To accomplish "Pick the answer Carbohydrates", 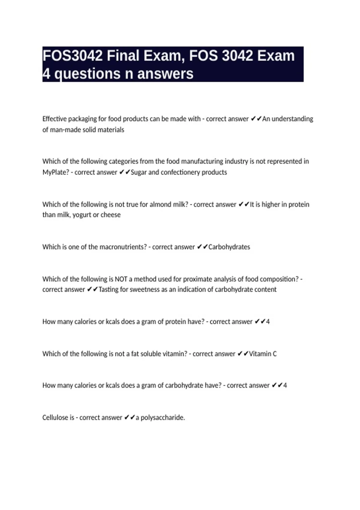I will (x=229, y=247).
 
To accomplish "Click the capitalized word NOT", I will (x=121, y=279).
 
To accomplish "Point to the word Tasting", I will (x=109, y=289).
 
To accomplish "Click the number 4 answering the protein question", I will (x=268, y=322).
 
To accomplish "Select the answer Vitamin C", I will (x=263, y=354).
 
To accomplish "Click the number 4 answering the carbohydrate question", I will (x=285, y=385).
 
